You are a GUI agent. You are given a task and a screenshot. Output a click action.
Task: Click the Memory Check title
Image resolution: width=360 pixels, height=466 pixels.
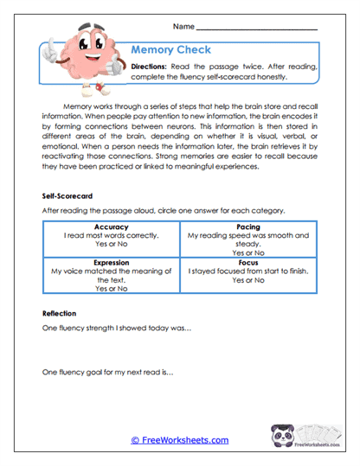170,50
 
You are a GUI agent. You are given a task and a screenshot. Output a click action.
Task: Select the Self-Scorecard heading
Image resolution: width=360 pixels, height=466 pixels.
67,196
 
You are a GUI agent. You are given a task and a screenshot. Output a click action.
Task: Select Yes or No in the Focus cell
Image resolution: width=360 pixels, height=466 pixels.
249,279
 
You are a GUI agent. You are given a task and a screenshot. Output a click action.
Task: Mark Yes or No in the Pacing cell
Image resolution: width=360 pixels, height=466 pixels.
249,253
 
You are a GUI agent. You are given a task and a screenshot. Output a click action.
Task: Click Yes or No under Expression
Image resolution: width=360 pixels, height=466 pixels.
109,290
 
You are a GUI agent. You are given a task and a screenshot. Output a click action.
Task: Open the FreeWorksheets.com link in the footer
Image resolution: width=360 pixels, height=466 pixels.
179,440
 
